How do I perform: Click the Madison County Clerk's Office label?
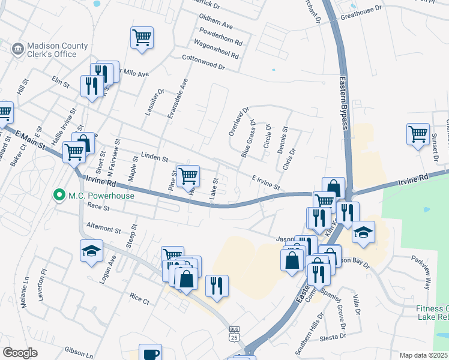tap(52, 50)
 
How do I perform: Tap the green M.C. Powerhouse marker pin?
tap(59, 195)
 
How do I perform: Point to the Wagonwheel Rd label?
tap(217, 50)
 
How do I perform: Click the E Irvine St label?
tap(266, 182)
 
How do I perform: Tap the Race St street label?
tap(98, 208)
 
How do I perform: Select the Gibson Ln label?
tap(80, 354)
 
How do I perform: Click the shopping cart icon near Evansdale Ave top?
tap(142, 37)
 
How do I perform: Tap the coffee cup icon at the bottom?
tap(151, 353)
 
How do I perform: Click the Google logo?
tap(20, 353)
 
